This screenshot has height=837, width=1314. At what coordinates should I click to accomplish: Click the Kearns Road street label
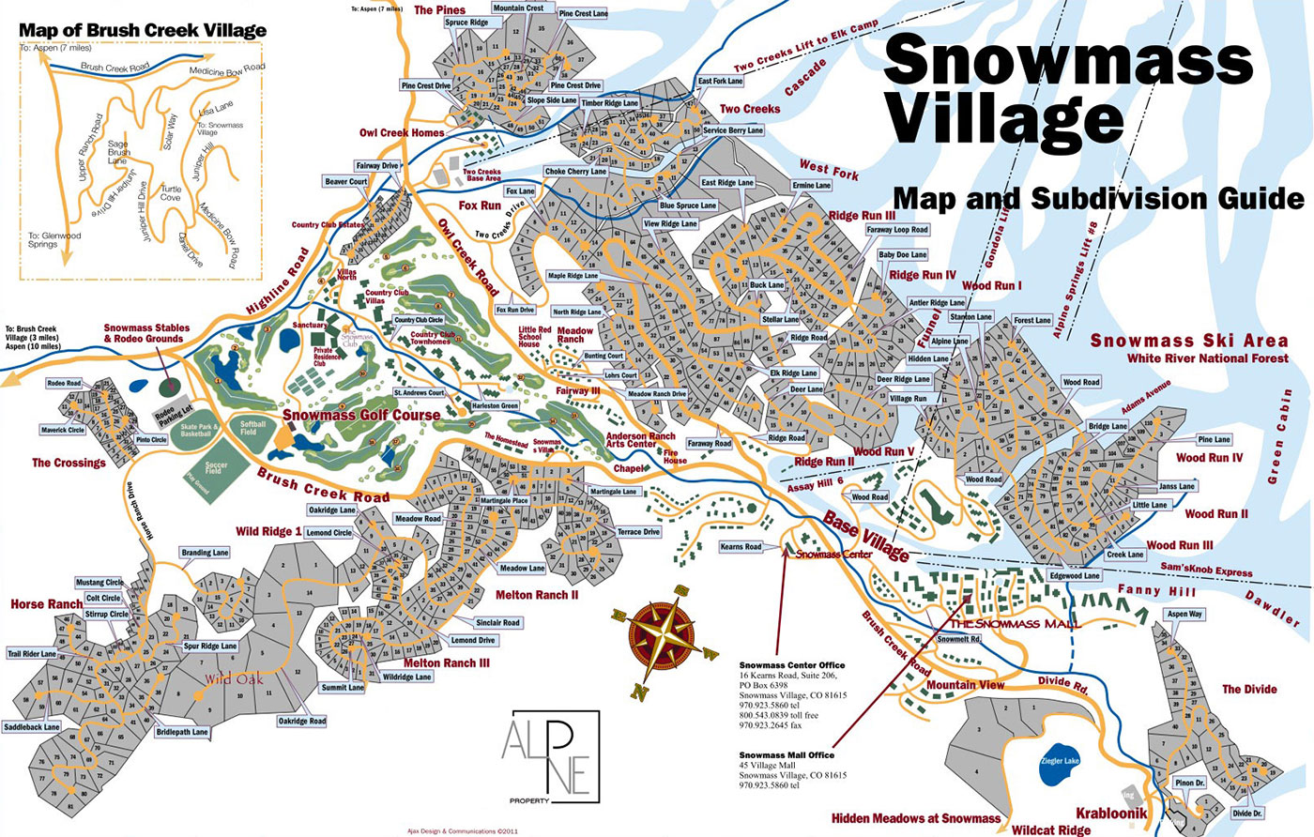(741, 546)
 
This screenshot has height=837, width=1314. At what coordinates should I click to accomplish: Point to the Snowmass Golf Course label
(361, 415)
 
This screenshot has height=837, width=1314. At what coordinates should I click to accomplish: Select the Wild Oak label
(234, 679)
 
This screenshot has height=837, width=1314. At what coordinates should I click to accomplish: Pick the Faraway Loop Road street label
(897, 230)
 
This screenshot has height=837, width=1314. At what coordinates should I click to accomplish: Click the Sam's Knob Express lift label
(1206, 570)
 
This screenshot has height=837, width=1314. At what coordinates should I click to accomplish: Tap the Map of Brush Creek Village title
(143, 30)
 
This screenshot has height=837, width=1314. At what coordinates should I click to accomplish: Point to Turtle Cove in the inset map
(170, 193)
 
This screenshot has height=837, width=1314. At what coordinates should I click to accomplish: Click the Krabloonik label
(1111, 814)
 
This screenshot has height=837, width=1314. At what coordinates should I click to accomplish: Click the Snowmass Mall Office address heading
(786, 755)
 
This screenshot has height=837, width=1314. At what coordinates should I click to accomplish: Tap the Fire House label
(675, 456)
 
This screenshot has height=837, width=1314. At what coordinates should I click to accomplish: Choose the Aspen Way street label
(1184, 615)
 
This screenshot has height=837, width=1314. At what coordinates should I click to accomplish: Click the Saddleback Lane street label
(31, 727)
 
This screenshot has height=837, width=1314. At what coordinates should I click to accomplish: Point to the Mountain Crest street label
(518, 8)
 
